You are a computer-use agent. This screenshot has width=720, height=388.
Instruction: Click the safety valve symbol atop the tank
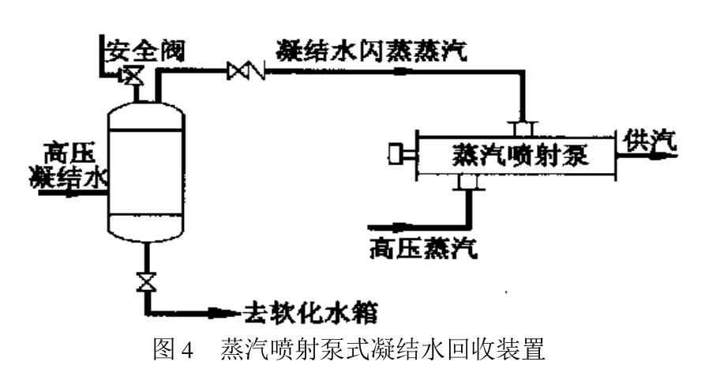(131, 75)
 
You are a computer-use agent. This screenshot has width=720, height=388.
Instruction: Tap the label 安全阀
(145, 51)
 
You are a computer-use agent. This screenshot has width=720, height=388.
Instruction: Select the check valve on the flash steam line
(246, 70)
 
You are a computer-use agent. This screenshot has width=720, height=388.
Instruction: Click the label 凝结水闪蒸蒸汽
(372, 51)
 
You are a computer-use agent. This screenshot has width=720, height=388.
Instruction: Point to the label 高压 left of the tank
(69, 153)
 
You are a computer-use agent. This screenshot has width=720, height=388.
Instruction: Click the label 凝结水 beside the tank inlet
(69, 178)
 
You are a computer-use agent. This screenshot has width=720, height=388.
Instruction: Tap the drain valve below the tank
(147, 282)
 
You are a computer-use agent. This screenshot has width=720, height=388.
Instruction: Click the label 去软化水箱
(310, 313)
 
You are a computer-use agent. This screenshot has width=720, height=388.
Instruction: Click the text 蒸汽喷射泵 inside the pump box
(520, 155)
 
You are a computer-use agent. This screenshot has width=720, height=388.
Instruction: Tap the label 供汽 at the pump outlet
(650, 141)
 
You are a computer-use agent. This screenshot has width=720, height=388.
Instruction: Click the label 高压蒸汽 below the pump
(423, 248)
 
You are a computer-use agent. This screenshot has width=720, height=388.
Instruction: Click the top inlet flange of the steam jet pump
(522, 129)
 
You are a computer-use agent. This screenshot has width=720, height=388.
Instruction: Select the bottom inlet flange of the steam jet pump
(468, 182)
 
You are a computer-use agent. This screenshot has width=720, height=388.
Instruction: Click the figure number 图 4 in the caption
(173, 349)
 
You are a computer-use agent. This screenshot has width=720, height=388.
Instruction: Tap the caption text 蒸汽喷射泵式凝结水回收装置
(383, 349)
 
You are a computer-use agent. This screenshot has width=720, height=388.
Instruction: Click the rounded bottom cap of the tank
(146, 228)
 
